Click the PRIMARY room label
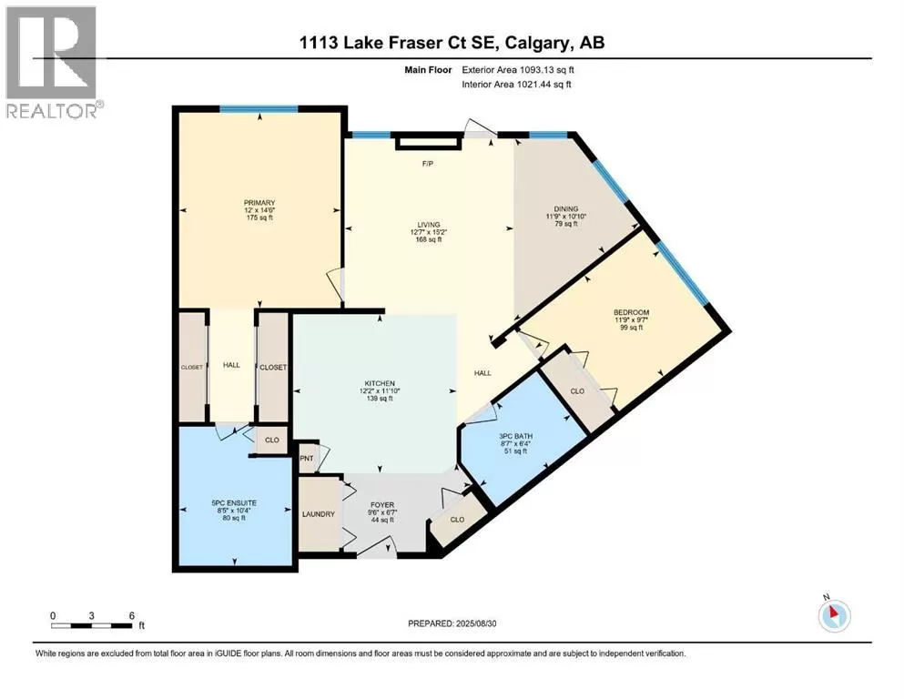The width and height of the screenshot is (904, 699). (x=259, y=203)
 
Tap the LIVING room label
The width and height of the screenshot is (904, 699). (x=429, y=225)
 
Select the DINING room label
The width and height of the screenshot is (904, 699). (x=566, y=209)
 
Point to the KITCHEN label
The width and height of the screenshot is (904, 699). (x=380, y=383)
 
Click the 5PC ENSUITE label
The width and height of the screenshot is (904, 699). (x=234, y=503)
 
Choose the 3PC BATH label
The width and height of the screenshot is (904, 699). (x=516, y=436)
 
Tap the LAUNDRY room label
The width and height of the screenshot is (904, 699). (x=319, y=514)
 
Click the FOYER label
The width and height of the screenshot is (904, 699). (x=382, y=505)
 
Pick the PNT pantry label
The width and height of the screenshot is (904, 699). (x=307, y=459)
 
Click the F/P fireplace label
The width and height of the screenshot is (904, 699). (x=428, y=164)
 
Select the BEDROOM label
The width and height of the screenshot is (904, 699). (x=631, y=312)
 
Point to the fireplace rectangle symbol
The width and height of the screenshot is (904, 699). (x=429, y=142)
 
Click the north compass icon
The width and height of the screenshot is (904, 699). (x=834, y=615)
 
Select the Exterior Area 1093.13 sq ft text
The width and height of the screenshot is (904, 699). (x=518, y=70)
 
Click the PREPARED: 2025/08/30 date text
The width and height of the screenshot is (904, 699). (x=452, y=623)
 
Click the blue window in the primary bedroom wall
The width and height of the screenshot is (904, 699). (x=259, y=109)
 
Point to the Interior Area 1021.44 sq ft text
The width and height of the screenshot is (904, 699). (x=516, y=84)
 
